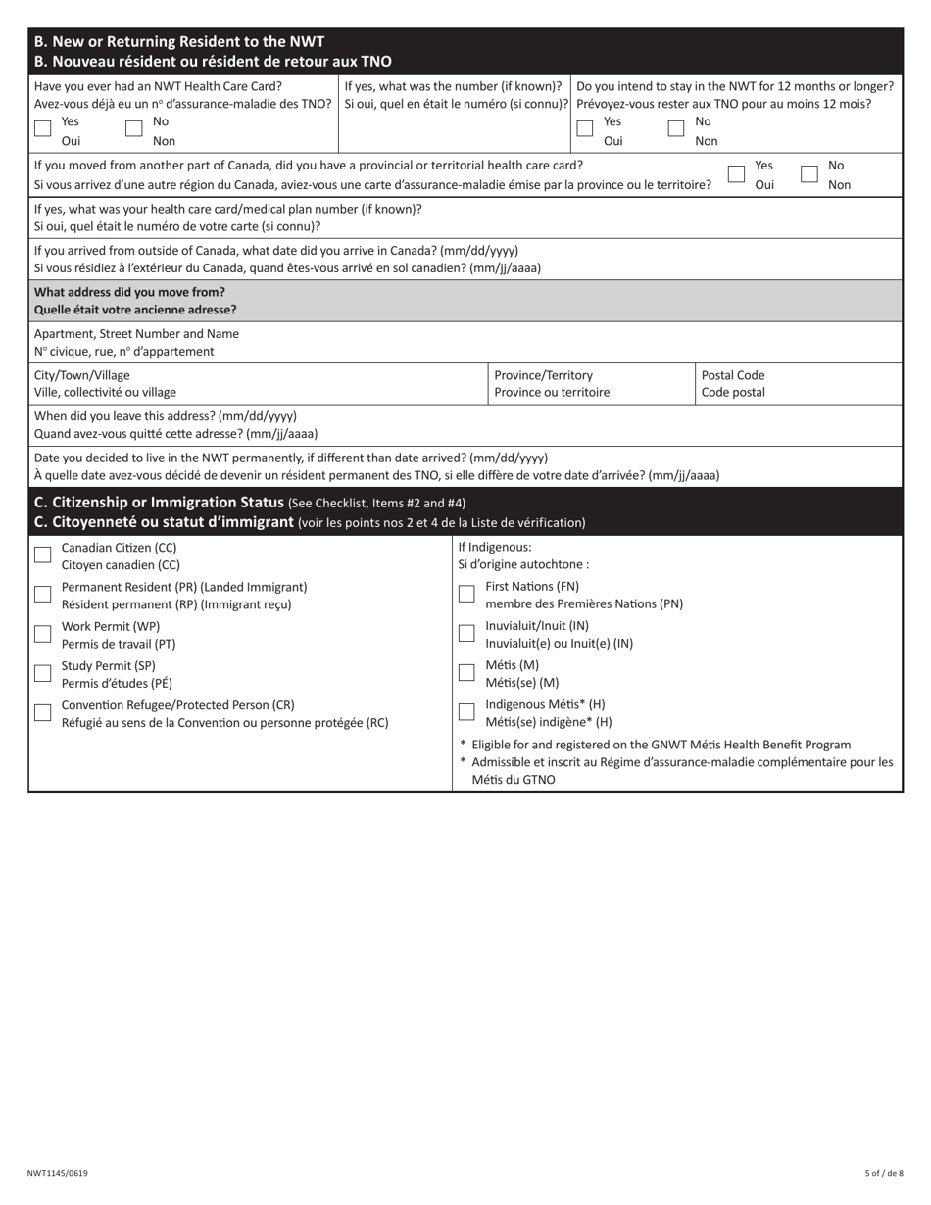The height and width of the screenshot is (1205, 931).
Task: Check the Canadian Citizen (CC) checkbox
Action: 42,554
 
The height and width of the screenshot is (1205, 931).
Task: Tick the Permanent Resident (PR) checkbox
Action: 42,594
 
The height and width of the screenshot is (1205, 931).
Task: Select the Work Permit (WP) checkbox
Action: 42,634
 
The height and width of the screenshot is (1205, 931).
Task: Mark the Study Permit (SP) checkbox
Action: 42,673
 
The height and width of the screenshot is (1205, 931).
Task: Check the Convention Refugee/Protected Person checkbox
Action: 42,712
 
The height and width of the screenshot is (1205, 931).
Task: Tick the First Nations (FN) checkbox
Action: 466,594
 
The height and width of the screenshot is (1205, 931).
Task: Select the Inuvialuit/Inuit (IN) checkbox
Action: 466,633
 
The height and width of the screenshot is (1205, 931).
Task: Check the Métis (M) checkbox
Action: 466,672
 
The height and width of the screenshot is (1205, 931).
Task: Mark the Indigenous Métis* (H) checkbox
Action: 466,711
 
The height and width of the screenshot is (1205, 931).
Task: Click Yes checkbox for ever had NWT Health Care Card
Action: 42,128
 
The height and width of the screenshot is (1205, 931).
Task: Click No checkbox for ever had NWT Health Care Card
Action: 134,128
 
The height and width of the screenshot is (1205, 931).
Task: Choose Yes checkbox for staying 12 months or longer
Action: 585,128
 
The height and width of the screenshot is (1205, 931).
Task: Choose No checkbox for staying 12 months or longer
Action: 676,128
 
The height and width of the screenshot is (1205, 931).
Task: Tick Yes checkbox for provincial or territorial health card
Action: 736,173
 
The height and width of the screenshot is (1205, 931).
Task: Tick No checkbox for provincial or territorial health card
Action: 809,173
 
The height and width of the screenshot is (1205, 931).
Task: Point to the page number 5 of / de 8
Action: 884,1173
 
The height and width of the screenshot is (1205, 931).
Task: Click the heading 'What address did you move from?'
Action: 129,292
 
